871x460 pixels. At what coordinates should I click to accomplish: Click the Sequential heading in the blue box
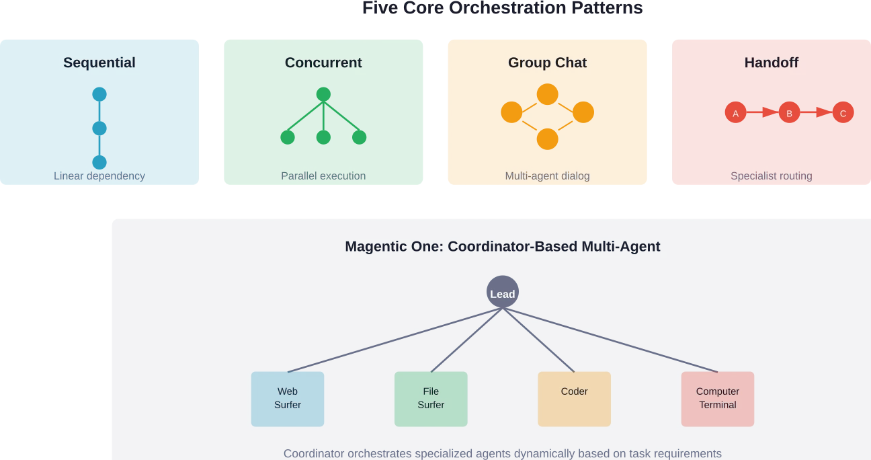[x=99, y=63]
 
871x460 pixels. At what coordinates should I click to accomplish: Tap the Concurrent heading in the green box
[x=323, y=63]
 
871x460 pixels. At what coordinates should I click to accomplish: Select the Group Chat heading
[x=547, y=63]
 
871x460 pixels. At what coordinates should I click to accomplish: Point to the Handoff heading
[x=772, y=63]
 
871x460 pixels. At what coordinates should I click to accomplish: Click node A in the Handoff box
[x=735, y=114]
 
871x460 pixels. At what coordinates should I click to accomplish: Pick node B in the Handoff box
[x=789, y=114]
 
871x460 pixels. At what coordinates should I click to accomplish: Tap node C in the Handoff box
[x=843, y=114]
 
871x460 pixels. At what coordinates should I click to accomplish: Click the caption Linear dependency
[x=99, y=176]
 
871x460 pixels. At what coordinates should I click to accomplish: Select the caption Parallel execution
[x=323, y=176]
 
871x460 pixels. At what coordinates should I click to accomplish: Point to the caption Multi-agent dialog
[x=547, y=176]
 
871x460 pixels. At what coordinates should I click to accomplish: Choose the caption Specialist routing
[x=772, y=176]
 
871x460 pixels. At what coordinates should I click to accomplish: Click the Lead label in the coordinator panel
[x=503, y=294]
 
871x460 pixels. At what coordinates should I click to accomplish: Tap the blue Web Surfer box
[x=288, y=399]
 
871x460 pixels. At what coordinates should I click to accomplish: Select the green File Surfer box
[x=431, y=399]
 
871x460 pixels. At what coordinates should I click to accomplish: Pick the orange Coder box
[x=574, y=399]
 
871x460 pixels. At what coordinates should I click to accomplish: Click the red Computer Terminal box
[x=718, y=399]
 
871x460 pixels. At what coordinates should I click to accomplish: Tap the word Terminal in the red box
[x=718, y=405]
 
